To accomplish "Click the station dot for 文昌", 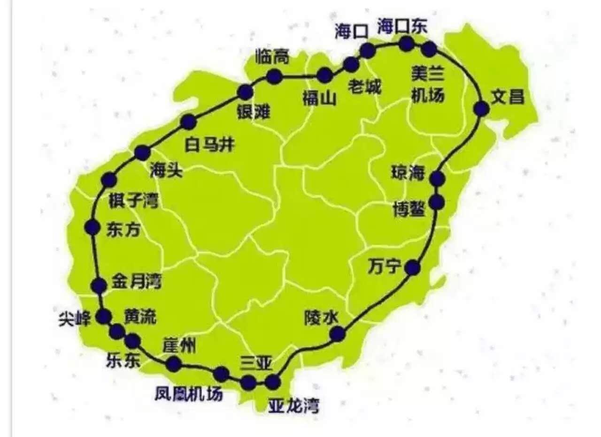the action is coord(481,109).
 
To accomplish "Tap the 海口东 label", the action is coord(402,27).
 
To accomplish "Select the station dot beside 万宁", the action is coord(413,268).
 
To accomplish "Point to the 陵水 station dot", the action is coord(338,334).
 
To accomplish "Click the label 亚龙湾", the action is coord(293,405).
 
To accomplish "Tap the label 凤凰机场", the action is coord(189,394).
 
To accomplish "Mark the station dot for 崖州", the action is coord(174,364).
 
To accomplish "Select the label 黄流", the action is coord(140,316).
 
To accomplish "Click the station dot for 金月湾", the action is coord(99,285).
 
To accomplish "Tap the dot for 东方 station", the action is coord(92,227).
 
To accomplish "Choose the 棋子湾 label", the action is coord(133,201).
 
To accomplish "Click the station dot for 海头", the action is coord(142,153).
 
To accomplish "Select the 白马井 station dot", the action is coord(188,122).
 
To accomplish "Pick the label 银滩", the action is coord(254,112).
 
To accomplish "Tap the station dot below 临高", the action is coord(274,76).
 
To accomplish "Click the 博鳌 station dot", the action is coord(437,202).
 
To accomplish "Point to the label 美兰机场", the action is coord(427,84).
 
